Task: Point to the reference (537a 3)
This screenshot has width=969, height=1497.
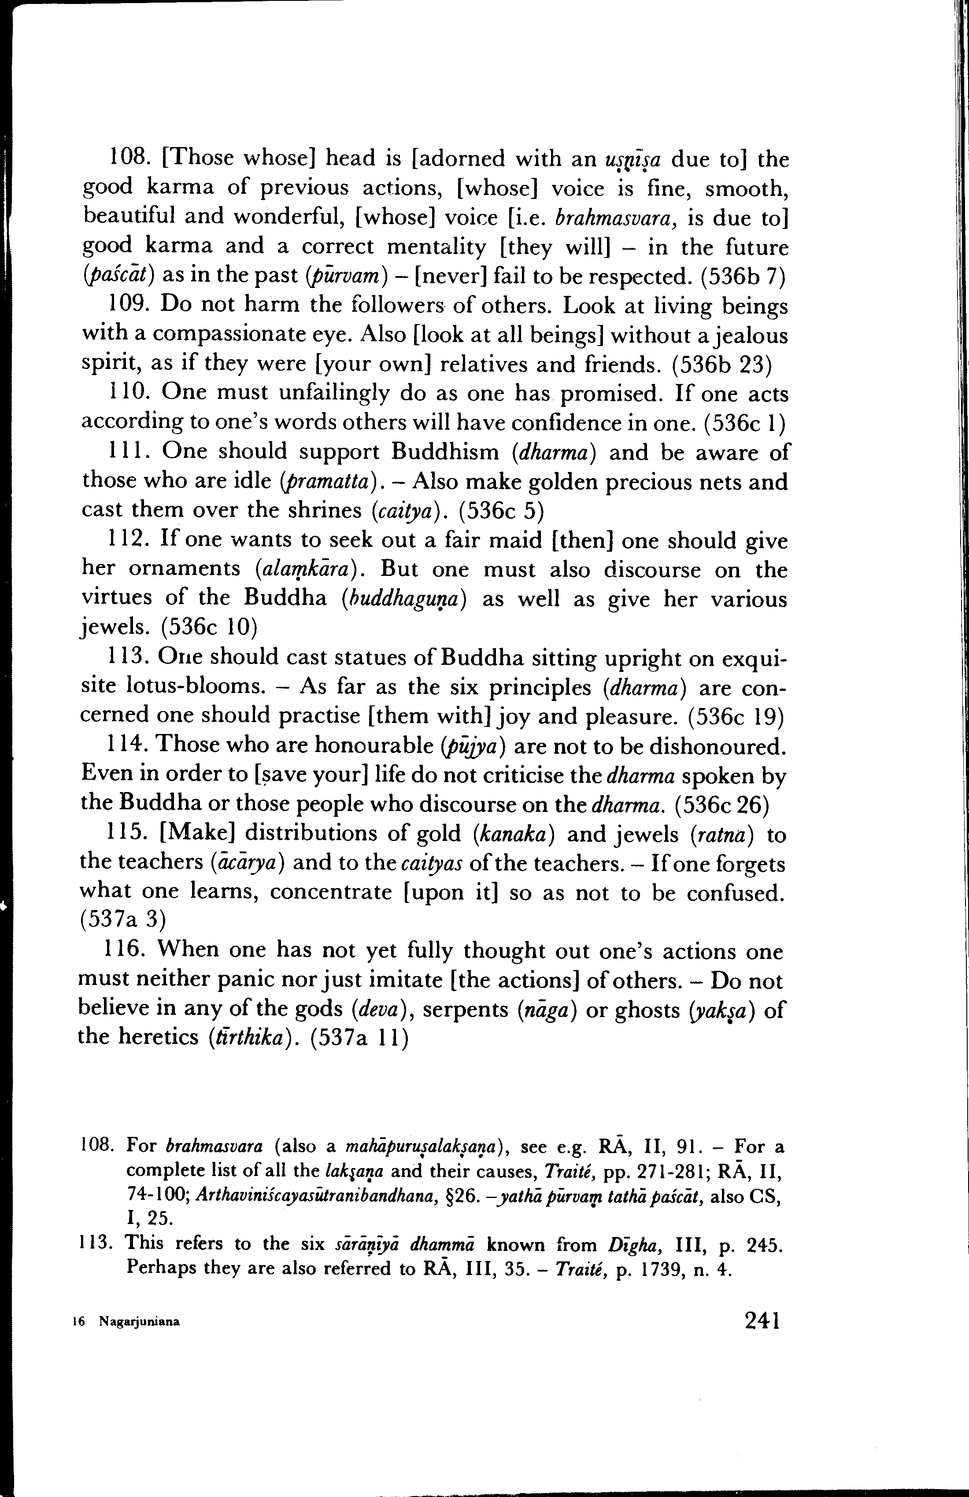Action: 123,920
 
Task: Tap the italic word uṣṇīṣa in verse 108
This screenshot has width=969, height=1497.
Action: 632,160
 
